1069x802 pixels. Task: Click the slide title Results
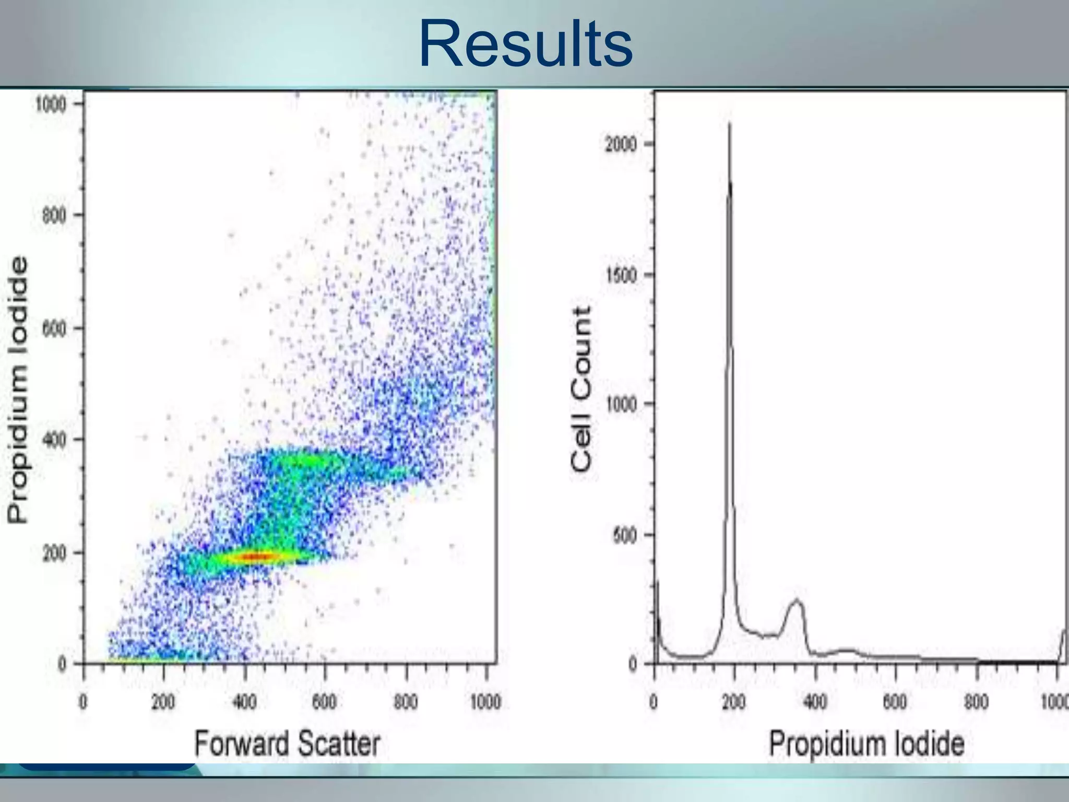[526, 44]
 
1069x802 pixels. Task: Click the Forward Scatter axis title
[287, 744]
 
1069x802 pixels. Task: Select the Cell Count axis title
[581, 389]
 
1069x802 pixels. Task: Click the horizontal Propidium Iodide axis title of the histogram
[866, 744]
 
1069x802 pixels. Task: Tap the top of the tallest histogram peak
[730, 124]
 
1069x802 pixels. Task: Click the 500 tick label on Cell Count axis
[625, 535]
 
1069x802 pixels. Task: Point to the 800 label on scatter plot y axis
[54, 215]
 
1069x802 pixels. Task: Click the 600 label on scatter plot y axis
[54, 328]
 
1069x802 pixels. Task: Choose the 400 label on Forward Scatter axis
[244, 702]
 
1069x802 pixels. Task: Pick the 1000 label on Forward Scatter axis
[485, 702]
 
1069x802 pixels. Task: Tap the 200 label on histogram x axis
[734, 702]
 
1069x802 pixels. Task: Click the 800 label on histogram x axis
[976, 702]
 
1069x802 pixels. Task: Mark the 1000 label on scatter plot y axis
[51, 104]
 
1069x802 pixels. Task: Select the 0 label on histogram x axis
[654, 702]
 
